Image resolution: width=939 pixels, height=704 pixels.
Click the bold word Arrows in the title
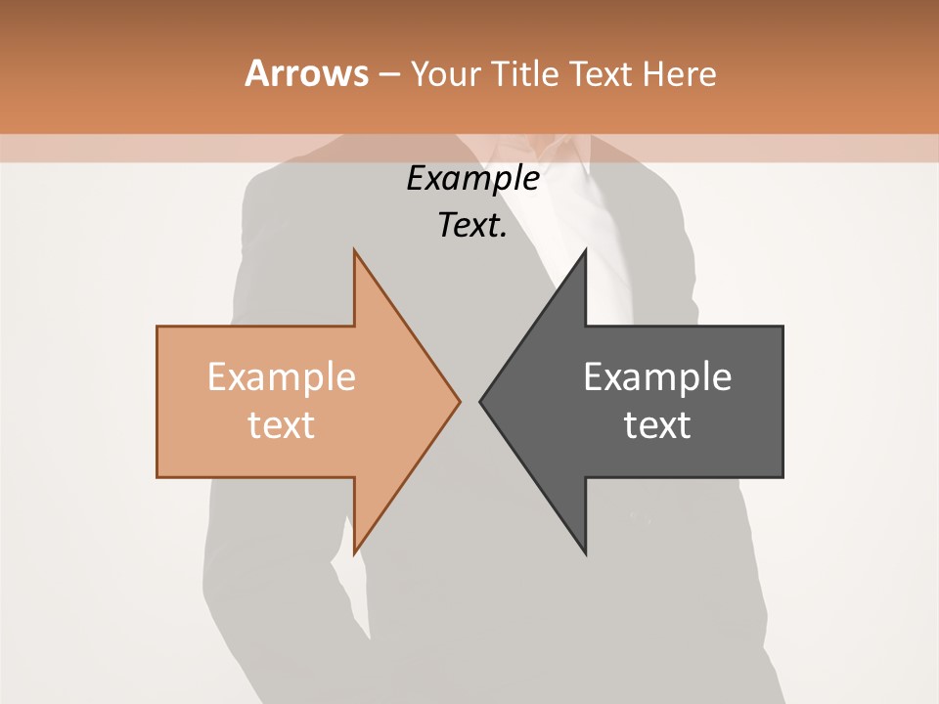[305, 73]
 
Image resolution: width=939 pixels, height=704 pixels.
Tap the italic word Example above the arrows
[472, 178]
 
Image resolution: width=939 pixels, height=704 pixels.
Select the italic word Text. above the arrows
[470, 225]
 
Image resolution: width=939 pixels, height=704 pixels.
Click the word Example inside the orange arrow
[281, 376]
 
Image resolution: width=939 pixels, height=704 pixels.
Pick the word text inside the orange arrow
[281, 425]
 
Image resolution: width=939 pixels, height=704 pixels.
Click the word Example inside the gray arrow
[657, 376]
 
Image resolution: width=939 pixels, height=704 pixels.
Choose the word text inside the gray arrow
[657, 425]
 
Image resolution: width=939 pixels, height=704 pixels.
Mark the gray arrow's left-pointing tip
[481, 401]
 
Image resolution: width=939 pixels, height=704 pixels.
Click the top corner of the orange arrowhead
[355, 251]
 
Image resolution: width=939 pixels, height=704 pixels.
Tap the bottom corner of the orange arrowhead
[355, 552]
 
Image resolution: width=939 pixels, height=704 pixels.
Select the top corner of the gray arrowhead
[585, 251]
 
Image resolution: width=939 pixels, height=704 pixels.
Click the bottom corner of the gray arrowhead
[585, 552]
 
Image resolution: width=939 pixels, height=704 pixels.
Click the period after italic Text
[504, 235]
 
